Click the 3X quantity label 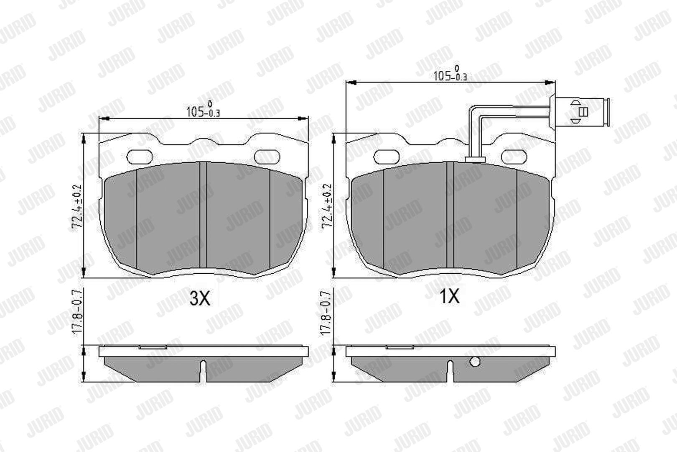pos(200,298)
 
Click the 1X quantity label pos(449,296)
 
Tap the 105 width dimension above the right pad pos(450,73)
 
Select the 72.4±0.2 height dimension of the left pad pos(76,206)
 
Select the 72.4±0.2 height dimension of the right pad pos(327,206)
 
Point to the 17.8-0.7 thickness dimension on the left pos(77,312)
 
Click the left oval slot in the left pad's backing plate pos(140,157)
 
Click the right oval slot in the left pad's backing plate pos(267,157)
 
